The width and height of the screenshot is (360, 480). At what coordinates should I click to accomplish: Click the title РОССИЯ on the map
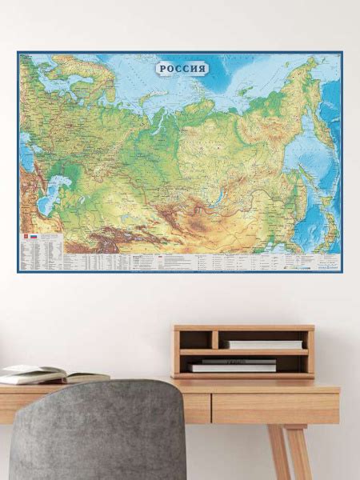[x=183, y=68]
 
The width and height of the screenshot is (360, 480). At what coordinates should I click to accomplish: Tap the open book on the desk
[x=36, y=374]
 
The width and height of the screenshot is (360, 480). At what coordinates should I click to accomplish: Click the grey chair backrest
[x=96, y=432]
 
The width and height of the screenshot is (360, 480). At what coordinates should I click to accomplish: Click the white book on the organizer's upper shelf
[x=263, y=344]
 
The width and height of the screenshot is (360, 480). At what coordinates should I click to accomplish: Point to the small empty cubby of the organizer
[x=198, y=339]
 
